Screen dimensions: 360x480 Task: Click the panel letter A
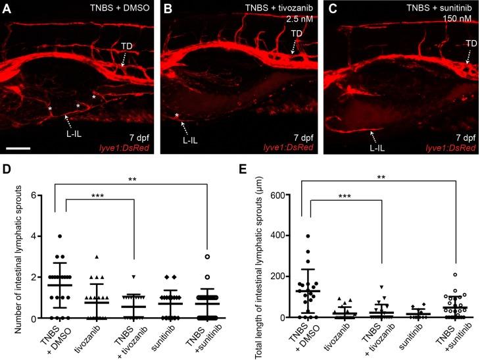coord(7,8)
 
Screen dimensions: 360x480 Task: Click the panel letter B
coord(167,8)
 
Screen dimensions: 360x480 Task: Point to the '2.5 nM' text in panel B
coord(299,20)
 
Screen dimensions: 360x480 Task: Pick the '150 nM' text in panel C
coord(458,20)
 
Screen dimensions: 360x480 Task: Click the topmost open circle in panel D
coord(206,257)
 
